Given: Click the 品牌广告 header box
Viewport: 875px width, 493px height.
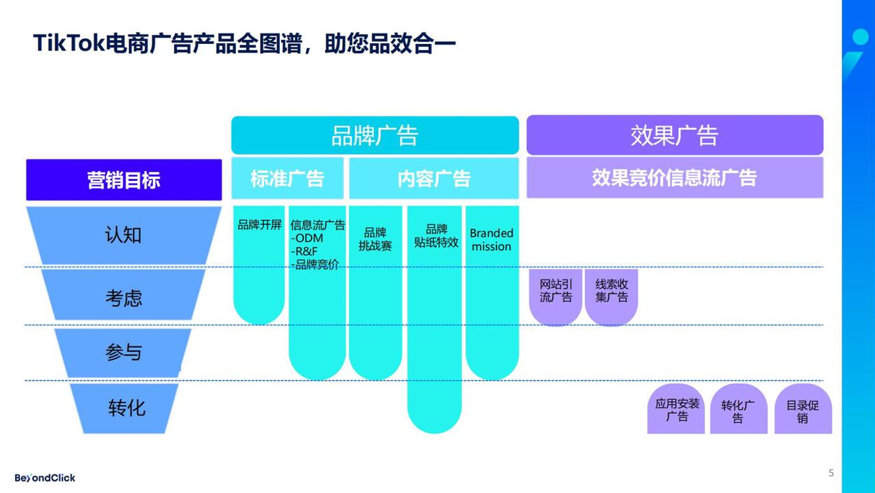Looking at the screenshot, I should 374,135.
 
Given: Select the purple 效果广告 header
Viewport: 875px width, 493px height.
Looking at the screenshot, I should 674,135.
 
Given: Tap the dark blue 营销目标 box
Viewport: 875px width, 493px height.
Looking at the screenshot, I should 124,180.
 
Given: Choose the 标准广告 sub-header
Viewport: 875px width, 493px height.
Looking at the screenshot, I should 287,178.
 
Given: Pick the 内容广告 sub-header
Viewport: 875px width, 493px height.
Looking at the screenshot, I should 434,178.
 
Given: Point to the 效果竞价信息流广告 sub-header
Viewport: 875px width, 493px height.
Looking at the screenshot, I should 674,178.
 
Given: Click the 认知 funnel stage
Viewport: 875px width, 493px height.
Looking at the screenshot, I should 124,235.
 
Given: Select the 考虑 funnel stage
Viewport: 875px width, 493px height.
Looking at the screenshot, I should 124,297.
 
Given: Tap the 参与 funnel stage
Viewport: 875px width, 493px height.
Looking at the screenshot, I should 124,352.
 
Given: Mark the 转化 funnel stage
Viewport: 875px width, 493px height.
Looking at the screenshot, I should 126,407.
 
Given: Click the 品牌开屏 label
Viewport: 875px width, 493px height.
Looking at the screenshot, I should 259,225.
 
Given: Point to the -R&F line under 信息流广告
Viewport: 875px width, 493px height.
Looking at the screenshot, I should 306,251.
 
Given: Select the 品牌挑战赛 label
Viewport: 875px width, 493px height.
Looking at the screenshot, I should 375,239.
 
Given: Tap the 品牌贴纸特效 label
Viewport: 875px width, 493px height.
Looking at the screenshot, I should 436,236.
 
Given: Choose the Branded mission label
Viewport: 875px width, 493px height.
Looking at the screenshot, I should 491,240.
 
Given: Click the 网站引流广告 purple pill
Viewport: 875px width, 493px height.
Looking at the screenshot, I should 556,291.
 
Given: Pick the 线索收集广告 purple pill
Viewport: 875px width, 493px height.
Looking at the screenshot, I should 611,291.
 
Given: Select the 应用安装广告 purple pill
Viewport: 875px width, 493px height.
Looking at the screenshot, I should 676,410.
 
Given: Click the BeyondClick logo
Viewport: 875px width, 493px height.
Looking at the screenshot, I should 45,478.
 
